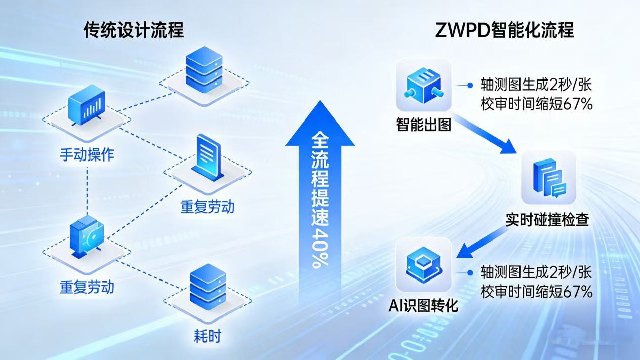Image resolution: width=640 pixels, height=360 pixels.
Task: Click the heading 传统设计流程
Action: (134, 31)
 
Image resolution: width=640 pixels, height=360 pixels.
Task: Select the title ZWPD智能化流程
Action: (504, 30)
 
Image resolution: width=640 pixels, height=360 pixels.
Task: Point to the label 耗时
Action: (207, 336)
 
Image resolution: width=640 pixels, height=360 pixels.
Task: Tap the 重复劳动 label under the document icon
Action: (208, 207)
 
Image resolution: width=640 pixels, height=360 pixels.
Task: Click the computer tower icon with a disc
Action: (87, 236)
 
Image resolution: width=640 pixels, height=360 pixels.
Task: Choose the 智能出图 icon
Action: (423, 86)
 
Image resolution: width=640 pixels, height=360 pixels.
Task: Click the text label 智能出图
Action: (423, 124)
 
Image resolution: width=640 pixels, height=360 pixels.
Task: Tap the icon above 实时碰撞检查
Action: (548, 177)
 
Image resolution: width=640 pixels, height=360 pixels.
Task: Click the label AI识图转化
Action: (423, 305)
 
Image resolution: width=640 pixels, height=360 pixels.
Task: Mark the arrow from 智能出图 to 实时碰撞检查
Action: (488, 135)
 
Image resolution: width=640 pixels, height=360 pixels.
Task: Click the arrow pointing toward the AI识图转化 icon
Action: (482, 242)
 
